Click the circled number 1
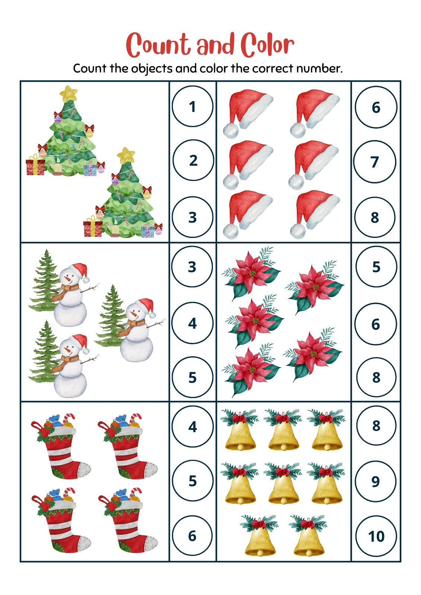(192, 107)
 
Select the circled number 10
(376, 536)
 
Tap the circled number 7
(375, 162)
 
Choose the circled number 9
(376, 481)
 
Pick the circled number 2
(193, 160)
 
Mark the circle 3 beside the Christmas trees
(192, 217)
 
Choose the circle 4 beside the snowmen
(192, 323)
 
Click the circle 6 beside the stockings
(192, 536)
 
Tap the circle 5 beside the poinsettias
(376, 267)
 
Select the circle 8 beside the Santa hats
(375, 217)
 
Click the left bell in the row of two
(260, 537)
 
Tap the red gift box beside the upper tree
(35, 166)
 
